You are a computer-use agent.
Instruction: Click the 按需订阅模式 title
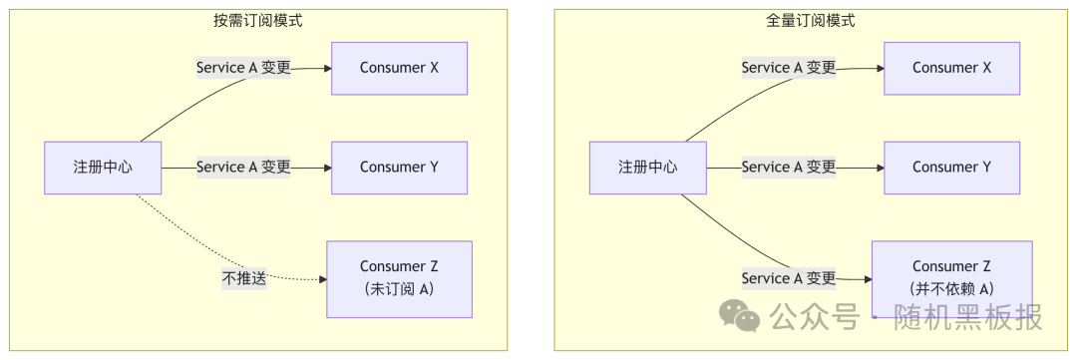[258, 20]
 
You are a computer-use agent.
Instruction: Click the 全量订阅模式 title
[811, 20]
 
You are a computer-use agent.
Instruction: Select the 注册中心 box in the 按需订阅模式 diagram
[103, 168]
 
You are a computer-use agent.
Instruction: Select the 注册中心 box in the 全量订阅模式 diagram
[647, 168]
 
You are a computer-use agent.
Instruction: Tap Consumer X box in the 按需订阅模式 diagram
[399, 68]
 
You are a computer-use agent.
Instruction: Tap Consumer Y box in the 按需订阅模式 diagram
[399, 168]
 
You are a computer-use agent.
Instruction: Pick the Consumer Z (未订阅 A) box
[399, 278]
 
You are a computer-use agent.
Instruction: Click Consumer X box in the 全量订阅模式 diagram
[951, 68]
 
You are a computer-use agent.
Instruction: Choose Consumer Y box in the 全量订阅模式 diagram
[951, 168]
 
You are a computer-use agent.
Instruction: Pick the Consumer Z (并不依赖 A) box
[951, 278]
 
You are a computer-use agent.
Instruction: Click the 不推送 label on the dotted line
[244, 279]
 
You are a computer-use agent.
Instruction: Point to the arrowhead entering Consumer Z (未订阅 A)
[322, 279]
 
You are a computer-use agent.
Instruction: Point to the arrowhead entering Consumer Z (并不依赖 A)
[867, 279]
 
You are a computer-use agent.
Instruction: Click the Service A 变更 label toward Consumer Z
[788, 278]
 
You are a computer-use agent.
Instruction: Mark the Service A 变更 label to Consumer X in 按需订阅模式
[243, 68]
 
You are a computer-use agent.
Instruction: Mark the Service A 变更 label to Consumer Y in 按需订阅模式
[243, 168]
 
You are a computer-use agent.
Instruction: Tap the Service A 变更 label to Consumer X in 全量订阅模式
[788, 68]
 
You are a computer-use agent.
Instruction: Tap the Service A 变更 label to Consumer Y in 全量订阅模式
[788, 168]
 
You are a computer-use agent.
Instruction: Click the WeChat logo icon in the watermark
[740, 317]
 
